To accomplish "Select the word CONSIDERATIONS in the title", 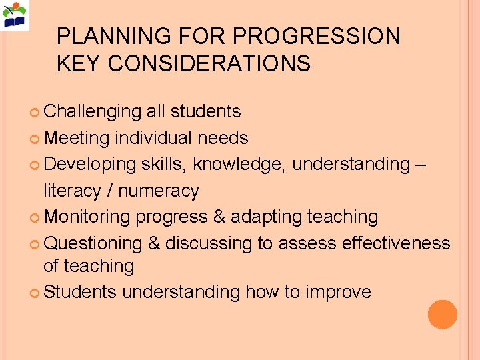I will [x=209, y=63].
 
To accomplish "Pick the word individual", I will [x=153, y=138].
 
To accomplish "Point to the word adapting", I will [x=267, y=217].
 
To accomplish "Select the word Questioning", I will [x=93, y=243].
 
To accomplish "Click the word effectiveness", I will [x=396, y=243].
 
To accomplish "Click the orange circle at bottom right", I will [x=443, y=314].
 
